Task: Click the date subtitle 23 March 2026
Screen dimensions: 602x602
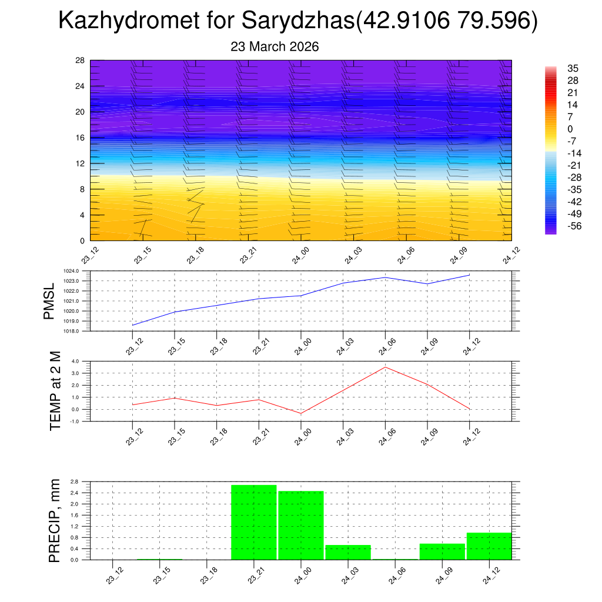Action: [x=275, y=47]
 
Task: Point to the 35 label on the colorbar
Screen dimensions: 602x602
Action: [x=573, y=68]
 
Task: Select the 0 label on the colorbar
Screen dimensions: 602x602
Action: [x=570, y=129]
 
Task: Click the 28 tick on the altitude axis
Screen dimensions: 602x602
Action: [x=81, y=61]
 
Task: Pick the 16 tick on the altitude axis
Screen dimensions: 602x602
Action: [x=81, y=138]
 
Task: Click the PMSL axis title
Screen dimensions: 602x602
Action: [x=49, y=302]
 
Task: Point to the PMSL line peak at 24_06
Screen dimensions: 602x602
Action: [x=385, y=277]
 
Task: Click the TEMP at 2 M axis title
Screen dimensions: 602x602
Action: [x=55, y=390]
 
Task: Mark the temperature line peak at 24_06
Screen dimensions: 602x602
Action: [x=385, y=367]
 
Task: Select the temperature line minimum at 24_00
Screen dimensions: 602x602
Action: [x=301, y=414]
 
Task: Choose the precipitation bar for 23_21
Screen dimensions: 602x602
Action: [x=254, y=522]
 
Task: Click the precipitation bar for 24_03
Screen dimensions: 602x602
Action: [x=348, y=552]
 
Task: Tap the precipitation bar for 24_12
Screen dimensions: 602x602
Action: [x=489, y=546]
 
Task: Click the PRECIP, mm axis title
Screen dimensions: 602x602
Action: [x=55, y=521]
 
